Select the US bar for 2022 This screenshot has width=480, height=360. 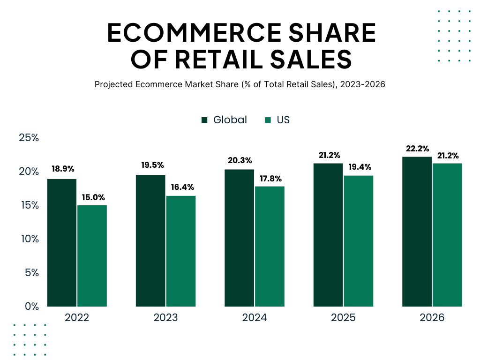(92, 256)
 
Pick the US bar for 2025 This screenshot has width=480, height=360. (358, 241)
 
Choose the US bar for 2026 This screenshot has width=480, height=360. (447, 235)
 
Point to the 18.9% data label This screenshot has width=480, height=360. (63, 169)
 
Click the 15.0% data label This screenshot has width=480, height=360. (93, 197)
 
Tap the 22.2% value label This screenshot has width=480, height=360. (417, 149)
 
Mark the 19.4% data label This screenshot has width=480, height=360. (359, 167)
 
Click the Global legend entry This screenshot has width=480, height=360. (224, 120)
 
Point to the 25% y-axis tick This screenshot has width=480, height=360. (29, 138)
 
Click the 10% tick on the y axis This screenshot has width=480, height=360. (29, 239)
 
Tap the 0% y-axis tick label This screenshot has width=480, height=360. (31, 306)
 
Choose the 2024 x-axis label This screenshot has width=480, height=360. (255, 318)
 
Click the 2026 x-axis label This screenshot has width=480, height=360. (432, 318)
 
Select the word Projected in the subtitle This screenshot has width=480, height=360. (114, 85)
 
